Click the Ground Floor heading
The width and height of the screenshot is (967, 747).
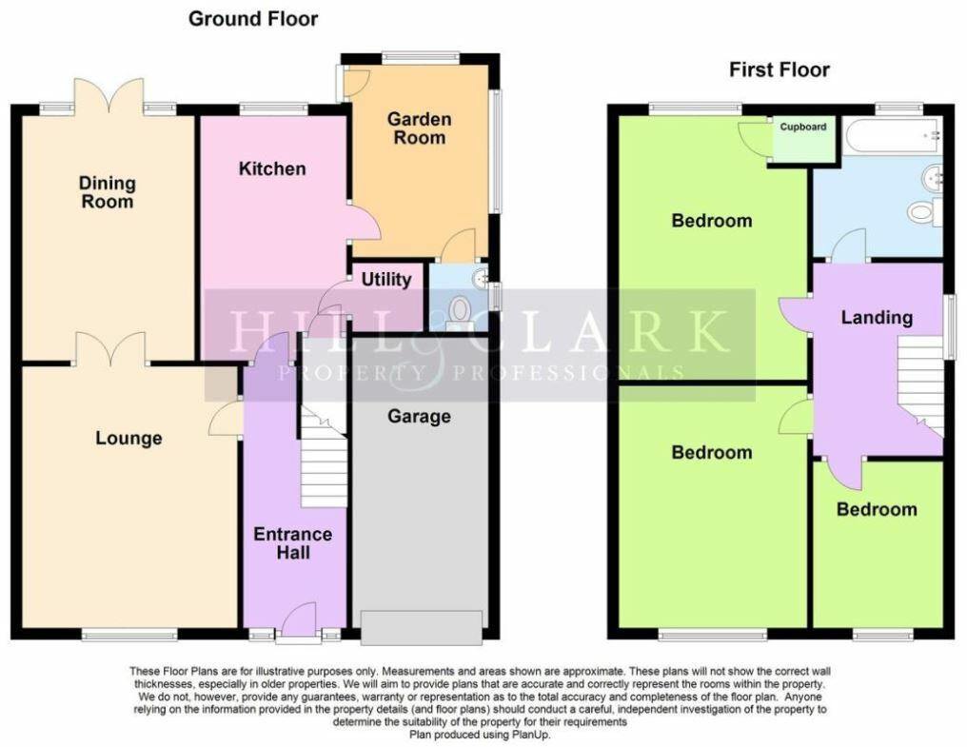click(x=253, y=19)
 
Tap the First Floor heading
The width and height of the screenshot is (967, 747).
click(x=779, y=69)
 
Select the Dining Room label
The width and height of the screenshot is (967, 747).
click(x=107, y=192)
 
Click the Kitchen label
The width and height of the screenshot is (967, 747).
click(x=272, y=168)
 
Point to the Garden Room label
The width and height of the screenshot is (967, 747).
click(x=419, y=128)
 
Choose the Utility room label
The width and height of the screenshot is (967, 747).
click(x=386, y=279)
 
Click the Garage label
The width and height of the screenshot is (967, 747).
click(x=419, y=416)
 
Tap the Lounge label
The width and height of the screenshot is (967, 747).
click(x=128, y=438)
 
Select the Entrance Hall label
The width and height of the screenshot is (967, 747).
click(x=293, y=543)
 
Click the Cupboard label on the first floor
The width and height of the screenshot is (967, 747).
click(x=804, y=127)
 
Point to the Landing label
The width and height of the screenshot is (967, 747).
click(x=876, y=317)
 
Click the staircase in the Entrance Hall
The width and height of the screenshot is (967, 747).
click(x=324, y=457)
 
